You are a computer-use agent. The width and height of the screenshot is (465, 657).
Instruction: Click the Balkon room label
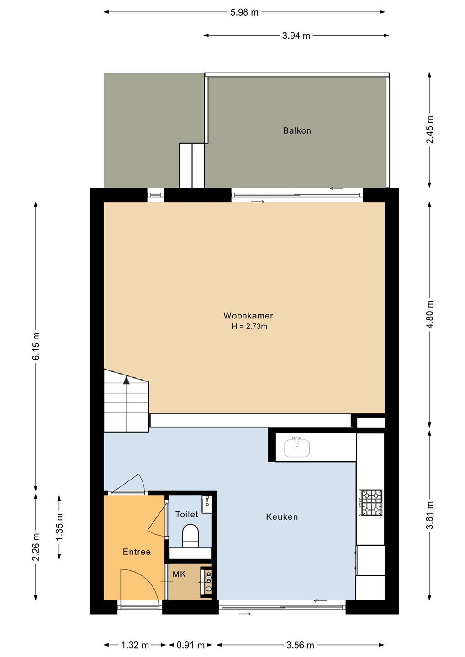click(297, 130)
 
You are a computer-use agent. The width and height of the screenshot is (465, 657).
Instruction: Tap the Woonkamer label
click(248, 316)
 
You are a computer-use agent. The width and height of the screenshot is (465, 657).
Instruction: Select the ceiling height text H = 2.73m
click(249, 327)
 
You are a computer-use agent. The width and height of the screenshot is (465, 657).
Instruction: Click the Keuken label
click(282, 517)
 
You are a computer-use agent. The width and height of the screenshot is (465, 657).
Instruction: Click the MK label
click(179, 574)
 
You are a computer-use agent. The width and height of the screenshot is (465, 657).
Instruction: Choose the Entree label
click(137, 552)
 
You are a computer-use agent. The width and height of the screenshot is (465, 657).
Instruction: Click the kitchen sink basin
click(297, 447)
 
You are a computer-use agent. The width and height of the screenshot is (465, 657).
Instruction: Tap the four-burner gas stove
click(371, 502)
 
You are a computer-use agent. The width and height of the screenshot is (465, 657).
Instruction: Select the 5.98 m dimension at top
click(244, 12)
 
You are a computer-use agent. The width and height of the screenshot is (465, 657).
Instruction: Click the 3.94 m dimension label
click(296, 36)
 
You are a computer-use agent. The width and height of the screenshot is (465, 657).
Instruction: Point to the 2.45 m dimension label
click(429, 130)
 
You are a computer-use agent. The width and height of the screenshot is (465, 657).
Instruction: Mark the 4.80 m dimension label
click(429, 315)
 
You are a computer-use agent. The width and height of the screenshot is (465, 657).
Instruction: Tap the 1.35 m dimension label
click(59, 527)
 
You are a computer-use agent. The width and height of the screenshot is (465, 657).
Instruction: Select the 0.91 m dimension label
click(190, 645)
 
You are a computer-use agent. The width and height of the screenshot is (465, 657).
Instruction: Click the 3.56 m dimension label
click(300, 645)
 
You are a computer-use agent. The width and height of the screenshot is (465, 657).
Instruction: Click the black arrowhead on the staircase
click(126, 380)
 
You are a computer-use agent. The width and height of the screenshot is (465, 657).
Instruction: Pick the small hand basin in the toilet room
click(206, 504)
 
